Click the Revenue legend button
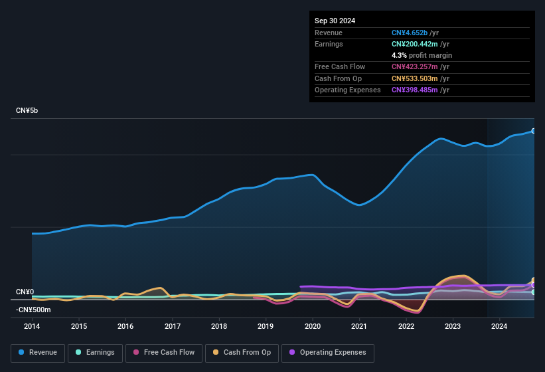pyautogui.click(x=38, y=353)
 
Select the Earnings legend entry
pyautogui.click(x=94, y=353)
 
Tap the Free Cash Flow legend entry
pyautogui.click(x=164, y=353)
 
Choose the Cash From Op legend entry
pyautogui.click(x=242, y=353)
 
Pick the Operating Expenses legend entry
pyautogui.click(x=327, y=353)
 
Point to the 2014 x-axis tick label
pyautogui.click(x=32, y=326)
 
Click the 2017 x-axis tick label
pyautogui.click(x=173, y=326)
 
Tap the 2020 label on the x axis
pyautogui.click(x=313, y=326)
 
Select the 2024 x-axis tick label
pyautogui.click(x=499, y=326)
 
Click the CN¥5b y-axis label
pyautogui.click(x=27, y=110)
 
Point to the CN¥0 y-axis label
pyautogui.click(x=25, y=292)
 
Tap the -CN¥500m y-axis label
pyautogui.click(x=33, y=310)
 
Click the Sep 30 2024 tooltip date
pyautogui.click(x=335, y=21)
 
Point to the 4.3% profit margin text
pyautogui.click(x=422, y=55)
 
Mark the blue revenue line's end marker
pyautogui.click(x=533, y=131)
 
